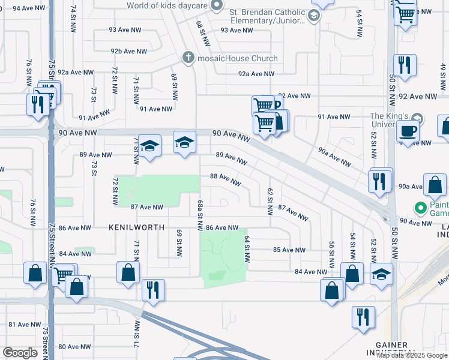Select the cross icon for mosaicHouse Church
(x=188, y=58)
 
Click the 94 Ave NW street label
(x=31, y=8)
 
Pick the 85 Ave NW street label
(x=289, y=250)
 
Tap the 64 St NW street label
(x=247, y=248)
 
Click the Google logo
(x=20, y=353)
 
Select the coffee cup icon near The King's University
(x=408, y=131)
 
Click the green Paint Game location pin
(x=420, y=208)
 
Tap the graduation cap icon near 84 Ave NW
(x=381, y=275)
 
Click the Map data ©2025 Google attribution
(x=412, y=355)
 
